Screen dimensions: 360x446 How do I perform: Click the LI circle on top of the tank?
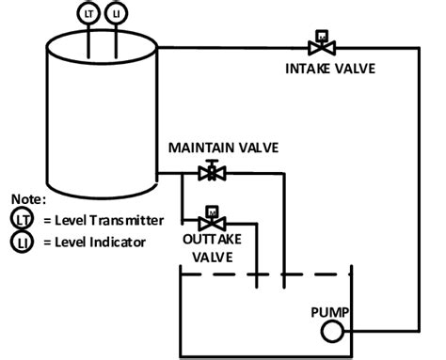coord(116,13)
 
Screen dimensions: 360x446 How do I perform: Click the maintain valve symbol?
coord(212,172)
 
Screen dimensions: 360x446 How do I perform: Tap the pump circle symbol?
coord(330,331)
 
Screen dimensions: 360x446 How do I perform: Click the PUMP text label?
coord(330,311)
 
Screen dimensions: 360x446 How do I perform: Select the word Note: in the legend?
coord(29,199)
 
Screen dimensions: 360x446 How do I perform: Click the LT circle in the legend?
coord(22,219)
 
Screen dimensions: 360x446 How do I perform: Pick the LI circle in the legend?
coord(22,242)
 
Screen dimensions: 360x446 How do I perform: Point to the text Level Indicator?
coord(96,243)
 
